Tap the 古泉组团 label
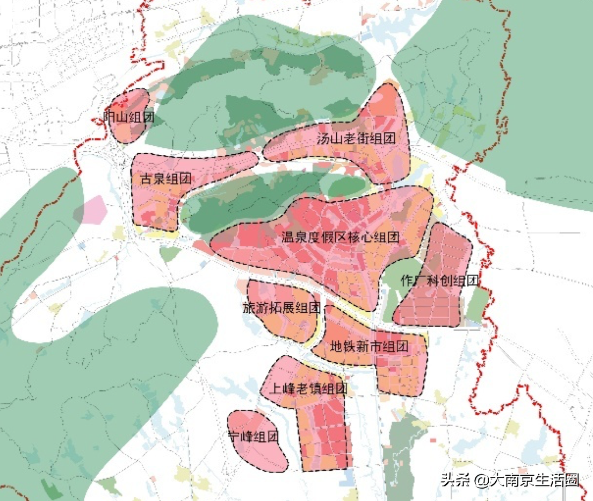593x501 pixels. point(166,179)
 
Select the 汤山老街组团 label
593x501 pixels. point(356,139)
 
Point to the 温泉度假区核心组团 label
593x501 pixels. point(341,237)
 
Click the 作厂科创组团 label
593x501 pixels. point(439,281)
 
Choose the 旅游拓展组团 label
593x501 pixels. point(282,309)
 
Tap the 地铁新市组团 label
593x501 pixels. point(370,347)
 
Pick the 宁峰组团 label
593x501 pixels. point(254,437)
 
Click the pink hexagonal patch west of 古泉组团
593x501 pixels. point(91,210)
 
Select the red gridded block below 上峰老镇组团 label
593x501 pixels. point(325,435)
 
